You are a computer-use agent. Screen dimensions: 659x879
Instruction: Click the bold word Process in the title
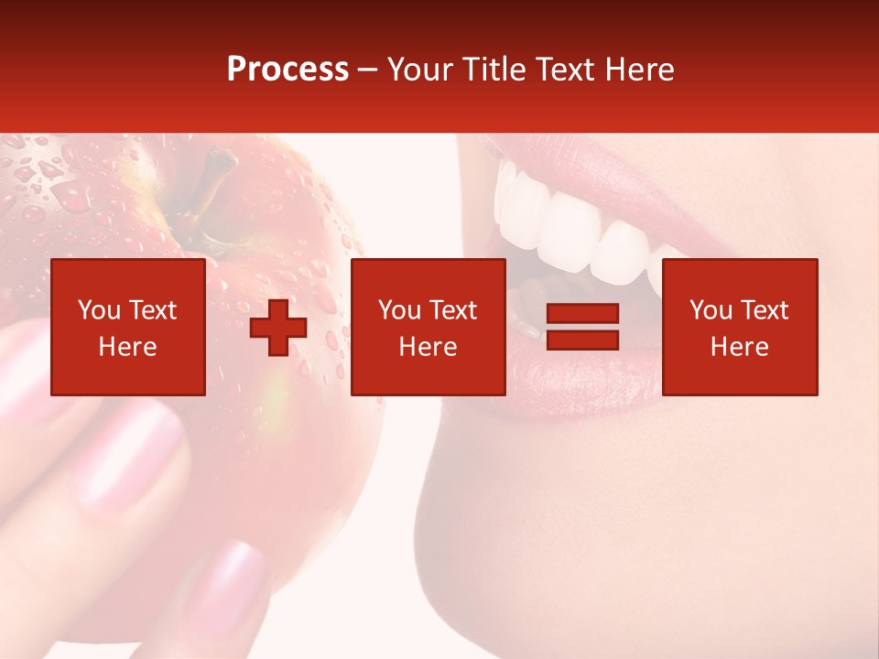[x=288, y=70]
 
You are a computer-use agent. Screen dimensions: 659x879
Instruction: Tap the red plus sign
[x=278, y=328]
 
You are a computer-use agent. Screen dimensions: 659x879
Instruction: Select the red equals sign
[x=582, y=327]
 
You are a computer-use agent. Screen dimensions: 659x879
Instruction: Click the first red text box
[x=128, y=327]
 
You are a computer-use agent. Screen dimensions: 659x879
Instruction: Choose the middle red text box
[x=428, y=327]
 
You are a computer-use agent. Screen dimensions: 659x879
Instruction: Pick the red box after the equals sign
[x=739, y=327]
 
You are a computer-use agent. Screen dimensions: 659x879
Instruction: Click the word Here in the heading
[x=639, y=70]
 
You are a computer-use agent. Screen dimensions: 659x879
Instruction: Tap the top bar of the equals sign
[x=582, y=314]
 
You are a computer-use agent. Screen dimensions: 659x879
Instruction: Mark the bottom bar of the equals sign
[x=582, y=340]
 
